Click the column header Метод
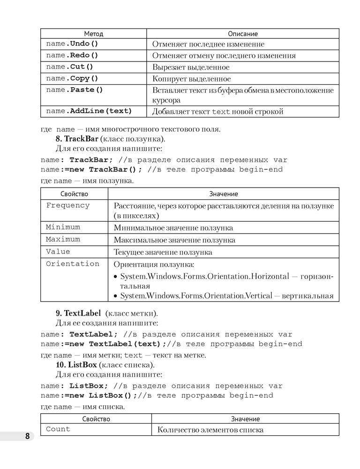pos(93,34)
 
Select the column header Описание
pos(242,34)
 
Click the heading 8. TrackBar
pos(77,139)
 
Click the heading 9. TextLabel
pos(78,313)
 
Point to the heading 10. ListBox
pos(76,365)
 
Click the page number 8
pos(28,436)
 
